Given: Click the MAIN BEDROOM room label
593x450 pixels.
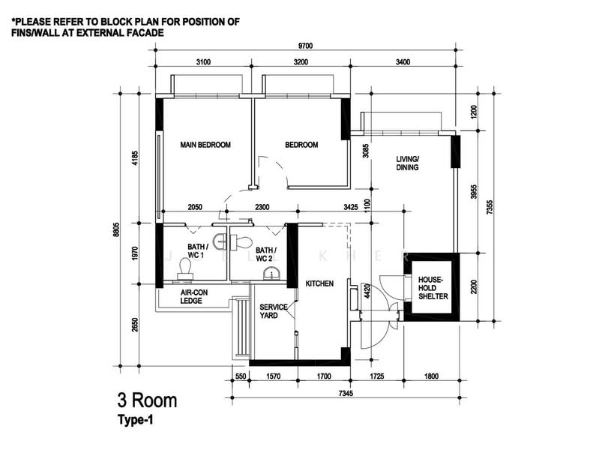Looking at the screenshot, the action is point(205,145).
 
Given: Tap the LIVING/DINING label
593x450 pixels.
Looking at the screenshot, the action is point(407,163).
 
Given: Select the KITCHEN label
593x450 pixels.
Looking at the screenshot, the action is point(319,283).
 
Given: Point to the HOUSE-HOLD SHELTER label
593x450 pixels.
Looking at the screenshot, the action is point(433,288).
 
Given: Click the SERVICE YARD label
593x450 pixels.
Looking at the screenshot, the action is point(274,311).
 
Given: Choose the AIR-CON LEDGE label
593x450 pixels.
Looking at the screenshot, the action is point(193,297).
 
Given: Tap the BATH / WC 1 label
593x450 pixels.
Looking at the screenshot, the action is point(197,251).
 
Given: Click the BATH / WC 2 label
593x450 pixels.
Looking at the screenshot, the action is point(266,254).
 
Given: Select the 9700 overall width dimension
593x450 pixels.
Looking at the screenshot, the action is point(306,46).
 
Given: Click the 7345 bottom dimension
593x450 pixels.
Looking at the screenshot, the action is point(346,394).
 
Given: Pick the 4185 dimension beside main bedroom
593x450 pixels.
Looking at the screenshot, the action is point(136,158).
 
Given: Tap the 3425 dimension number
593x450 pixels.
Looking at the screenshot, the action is point(351,207).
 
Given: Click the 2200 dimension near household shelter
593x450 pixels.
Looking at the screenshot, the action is point(474,286).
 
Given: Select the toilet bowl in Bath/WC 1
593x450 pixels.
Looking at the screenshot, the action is point(185,268).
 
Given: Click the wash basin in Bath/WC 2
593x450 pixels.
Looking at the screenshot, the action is point(271,274).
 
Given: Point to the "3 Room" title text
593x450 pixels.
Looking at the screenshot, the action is point(147,400).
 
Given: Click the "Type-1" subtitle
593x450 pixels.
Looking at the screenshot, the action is point(136,420).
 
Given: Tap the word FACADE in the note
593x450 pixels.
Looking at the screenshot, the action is point(145,33).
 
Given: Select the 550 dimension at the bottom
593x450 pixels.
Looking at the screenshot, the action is point(241,376).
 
